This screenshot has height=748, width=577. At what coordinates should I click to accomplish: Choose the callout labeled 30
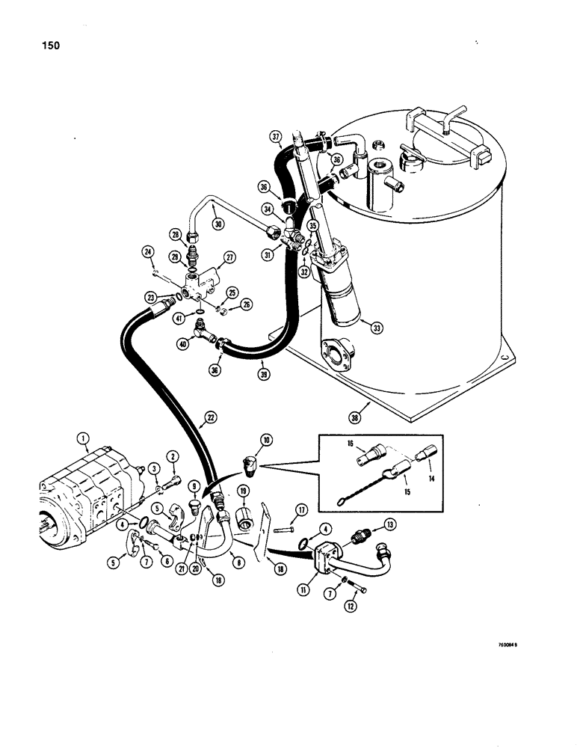pyautogui.click(x=217, y=223)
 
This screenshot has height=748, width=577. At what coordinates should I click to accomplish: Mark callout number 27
pyautogui.click(x=229, y=257)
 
